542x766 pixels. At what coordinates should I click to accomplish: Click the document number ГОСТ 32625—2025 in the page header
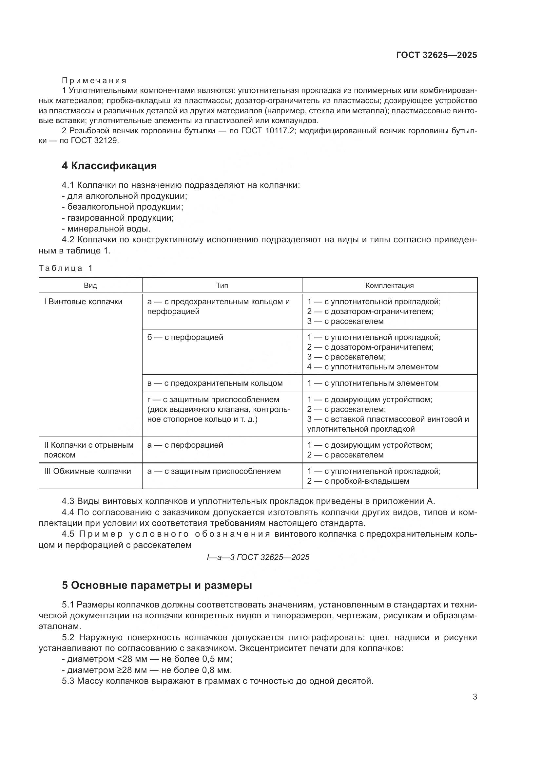[x=436, y=55]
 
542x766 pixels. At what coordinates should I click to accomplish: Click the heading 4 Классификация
[x=109, y=166]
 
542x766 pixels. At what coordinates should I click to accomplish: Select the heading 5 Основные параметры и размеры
[x=157, y=585]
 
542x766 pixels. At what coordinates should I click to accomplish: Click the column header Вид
[x=90, y=286]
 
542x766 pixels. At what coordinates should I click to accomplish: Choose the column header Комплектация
[x=389, y=286]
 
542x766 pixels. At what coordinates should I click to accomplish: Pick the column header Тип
[x=222, y=286]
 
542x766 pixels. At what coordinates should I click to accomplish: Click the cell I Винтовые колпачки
[x=84, y=302]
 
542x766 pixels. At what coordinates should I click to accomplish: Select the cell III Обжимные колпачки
[x=87, y=471]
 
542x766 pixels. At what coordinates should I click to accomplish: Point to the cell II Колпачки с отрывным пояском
[x=88, y=450]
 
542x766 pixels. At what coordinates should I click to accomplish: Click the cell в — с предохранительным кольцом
[x=215, y=383]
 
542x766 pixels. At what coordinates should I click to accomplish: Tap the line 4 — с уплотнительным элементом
[x=373, y=367]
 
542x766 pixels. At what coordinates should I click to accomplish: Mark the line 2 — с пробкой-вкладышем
[x=358, y=481]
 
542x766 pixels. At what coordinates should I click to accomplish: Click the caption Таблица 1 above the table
[x=66, y=268]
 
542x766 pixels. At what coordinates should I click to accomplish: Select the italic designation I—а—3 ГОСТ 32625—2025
[x=258, y=557]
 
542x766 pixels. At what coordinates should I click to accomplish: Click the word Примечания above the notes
[x=94, y=81]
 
